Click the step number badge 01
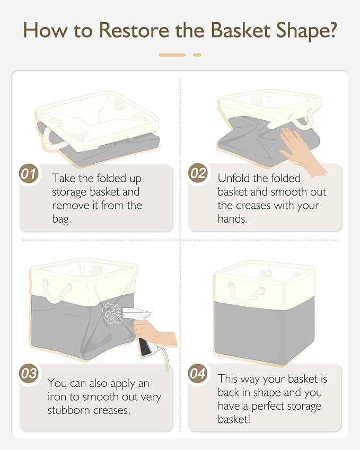(29, 174)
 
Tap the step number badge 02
(198, 173)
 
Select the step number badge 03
(29, 374)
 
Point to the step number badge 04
(198, 374)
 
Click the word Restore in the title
(134, 30)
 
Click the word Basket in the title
(241, 30)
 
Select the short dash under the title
(197, 55)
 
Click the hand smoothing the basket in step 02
(302, 149)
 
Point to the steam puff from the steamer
(111, 313)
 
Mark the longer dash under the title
(172, 55)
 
